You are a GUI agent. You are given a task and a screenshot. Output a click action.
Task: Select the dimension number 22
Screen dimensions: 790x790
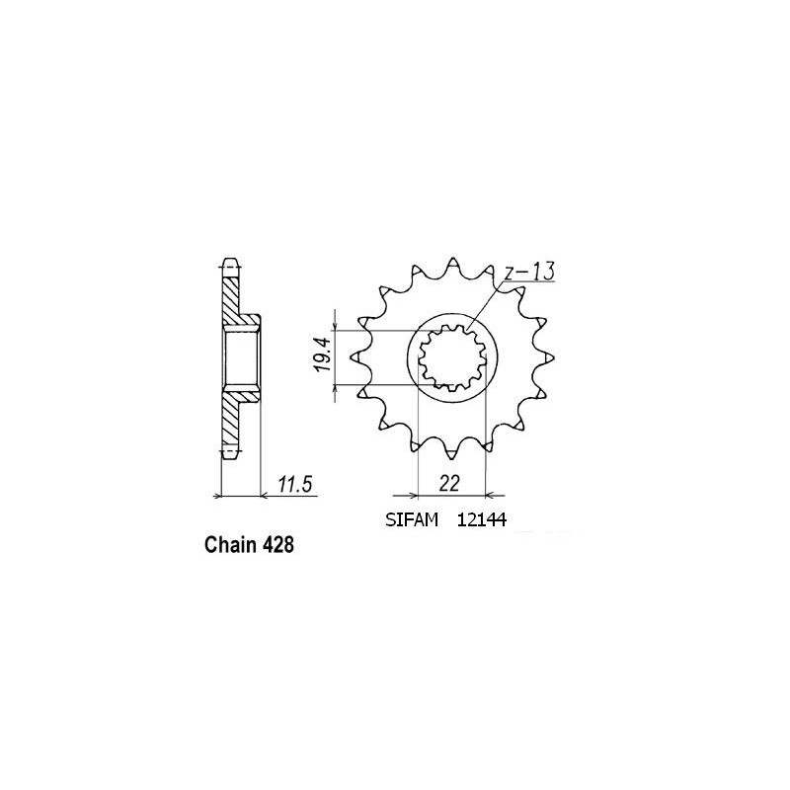click(x=451, y=484)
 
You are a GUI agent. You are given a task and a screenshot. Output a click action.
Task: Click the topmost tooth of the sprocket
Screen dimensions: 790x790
click(x=452, y=266)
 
